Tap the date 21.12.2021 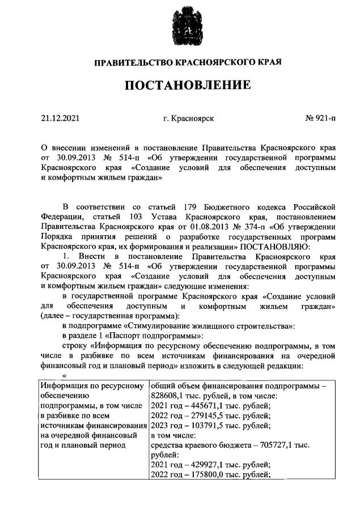coord(61,119)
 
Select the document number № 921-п coord(320,119)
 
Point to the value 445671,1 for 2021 coord(201,405)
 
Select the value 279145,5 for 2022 coord(201,416)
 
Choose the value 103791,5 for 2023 coord(201,426)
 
